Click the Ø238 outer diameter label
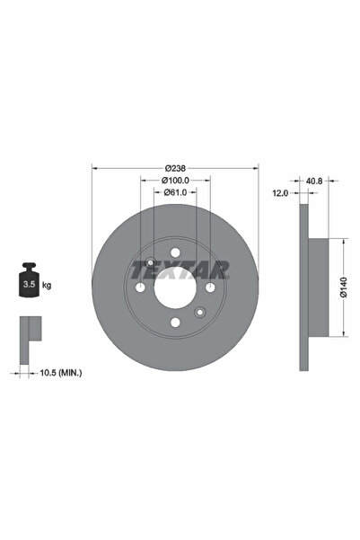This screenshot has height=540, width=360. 175,168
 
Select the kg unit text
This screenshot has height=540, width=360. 47,285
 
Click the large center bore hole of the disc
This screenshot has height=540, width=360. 175,288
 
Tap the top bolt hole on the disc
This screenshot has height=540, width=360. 175,252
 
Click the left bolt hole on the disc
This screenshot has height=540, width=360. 141,288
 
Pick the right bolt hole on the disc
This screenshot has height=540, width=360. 209,288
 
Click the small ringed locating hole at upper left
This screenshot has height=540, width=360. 151,263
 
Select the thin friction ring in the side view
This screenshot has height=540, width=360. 303,288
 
